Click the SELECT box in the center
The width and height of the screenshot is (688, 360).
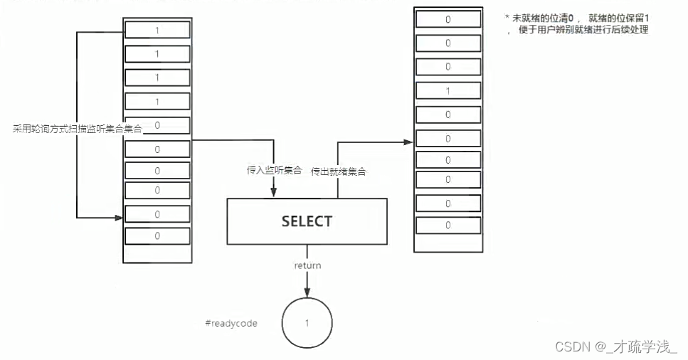(307, 221)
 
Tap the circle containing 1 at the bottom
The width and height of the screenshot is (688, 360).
(307, 323)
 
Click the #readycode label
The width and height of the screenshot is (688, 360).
(231, 324)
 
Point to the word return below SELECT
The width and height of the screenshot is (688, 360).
(307, 265)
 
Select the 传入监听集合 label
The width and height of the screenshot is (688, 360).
(274, 171)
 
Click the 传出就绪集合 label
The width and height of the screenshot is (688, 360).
(339, 171)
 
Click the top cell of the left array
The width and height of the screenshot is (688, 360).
(157, 30)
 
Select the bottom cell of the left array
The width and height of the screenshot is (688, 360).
(157, 235)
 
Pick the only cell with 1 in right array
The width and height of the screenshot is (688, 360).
(448, 91)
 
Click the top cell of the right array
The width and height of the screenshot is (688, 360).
(448, 19)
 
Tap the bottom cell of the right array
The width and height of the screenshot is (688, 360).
(448, 226)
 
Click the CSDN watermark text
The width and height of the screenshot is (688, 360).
(616, 346)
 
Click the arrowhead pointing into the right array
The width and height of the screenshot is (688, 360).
(409, 142)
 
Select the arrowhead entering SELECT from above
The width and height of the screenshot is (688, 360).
(274, 194)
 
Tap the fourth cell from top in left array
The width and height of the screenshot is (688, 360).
(157, 102)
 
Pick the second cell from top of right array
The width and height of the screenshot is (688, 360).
(448, 43)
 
